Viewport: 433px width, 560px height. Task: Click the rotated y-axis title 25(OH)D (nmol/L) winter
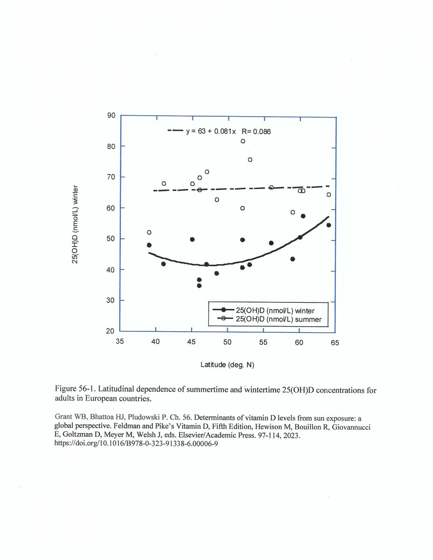pos(75,224)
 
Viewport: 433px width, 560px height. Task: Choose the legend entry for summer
pos(277,319)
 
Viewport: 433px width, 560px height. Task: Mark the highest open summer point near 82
pos(243,141)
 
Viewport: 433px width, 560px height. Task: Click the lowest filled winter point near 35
pos(199,286)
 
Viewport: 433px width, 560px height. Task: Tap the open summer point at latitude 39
pos(149,232)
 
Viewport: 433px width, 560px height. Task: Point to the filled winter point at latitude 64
pos(328,225)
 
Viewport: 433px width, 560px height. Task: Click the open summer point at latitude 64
pos(328,195)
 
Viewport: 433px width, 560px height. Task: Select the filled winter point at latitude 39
pos(149,245)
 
